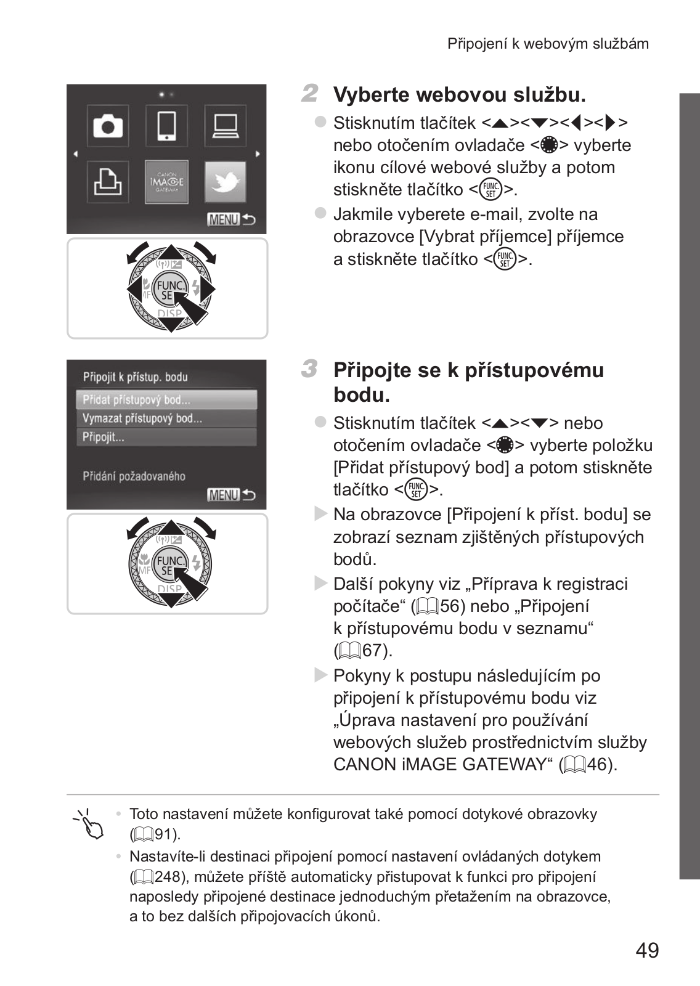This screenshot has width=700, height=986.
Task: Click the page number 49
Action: click(647, 950)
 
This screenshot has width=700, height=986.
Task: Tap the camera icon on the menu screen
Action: click(108, 126)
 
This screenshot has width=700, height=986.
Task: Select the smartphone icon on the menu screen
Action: click(166, 126)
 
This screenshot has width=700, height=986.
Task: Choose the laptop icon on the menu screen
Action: click(226, 126)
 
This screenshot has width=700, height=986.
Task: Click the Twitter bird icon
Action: click(225, 182)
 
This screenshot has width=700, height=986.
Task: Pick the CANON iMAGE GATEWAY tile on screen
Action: click(166, 182)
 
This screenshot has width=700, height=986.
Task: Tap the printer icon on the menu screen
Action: click(108, 182)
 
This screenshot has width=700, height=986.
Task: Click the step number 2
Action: click(310, 94)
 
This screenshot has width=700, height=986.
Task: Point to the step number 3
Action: click(310, 369)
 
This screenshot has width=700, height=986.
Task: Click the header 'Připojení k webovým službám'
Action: click(548, 44)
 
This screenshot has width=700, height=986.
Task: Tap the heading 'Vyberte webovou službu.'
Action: click(459, 95)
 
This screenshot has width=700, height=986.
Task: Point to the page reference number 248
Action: click(168, 877)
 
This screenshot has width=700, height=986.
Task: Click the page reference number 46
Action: click(597, 765)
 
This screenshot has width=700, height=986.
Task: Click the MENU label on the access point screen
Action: click(223, 495)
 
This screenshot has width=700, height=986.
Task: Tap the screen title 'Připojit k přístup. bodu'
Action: click(136, 377)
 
